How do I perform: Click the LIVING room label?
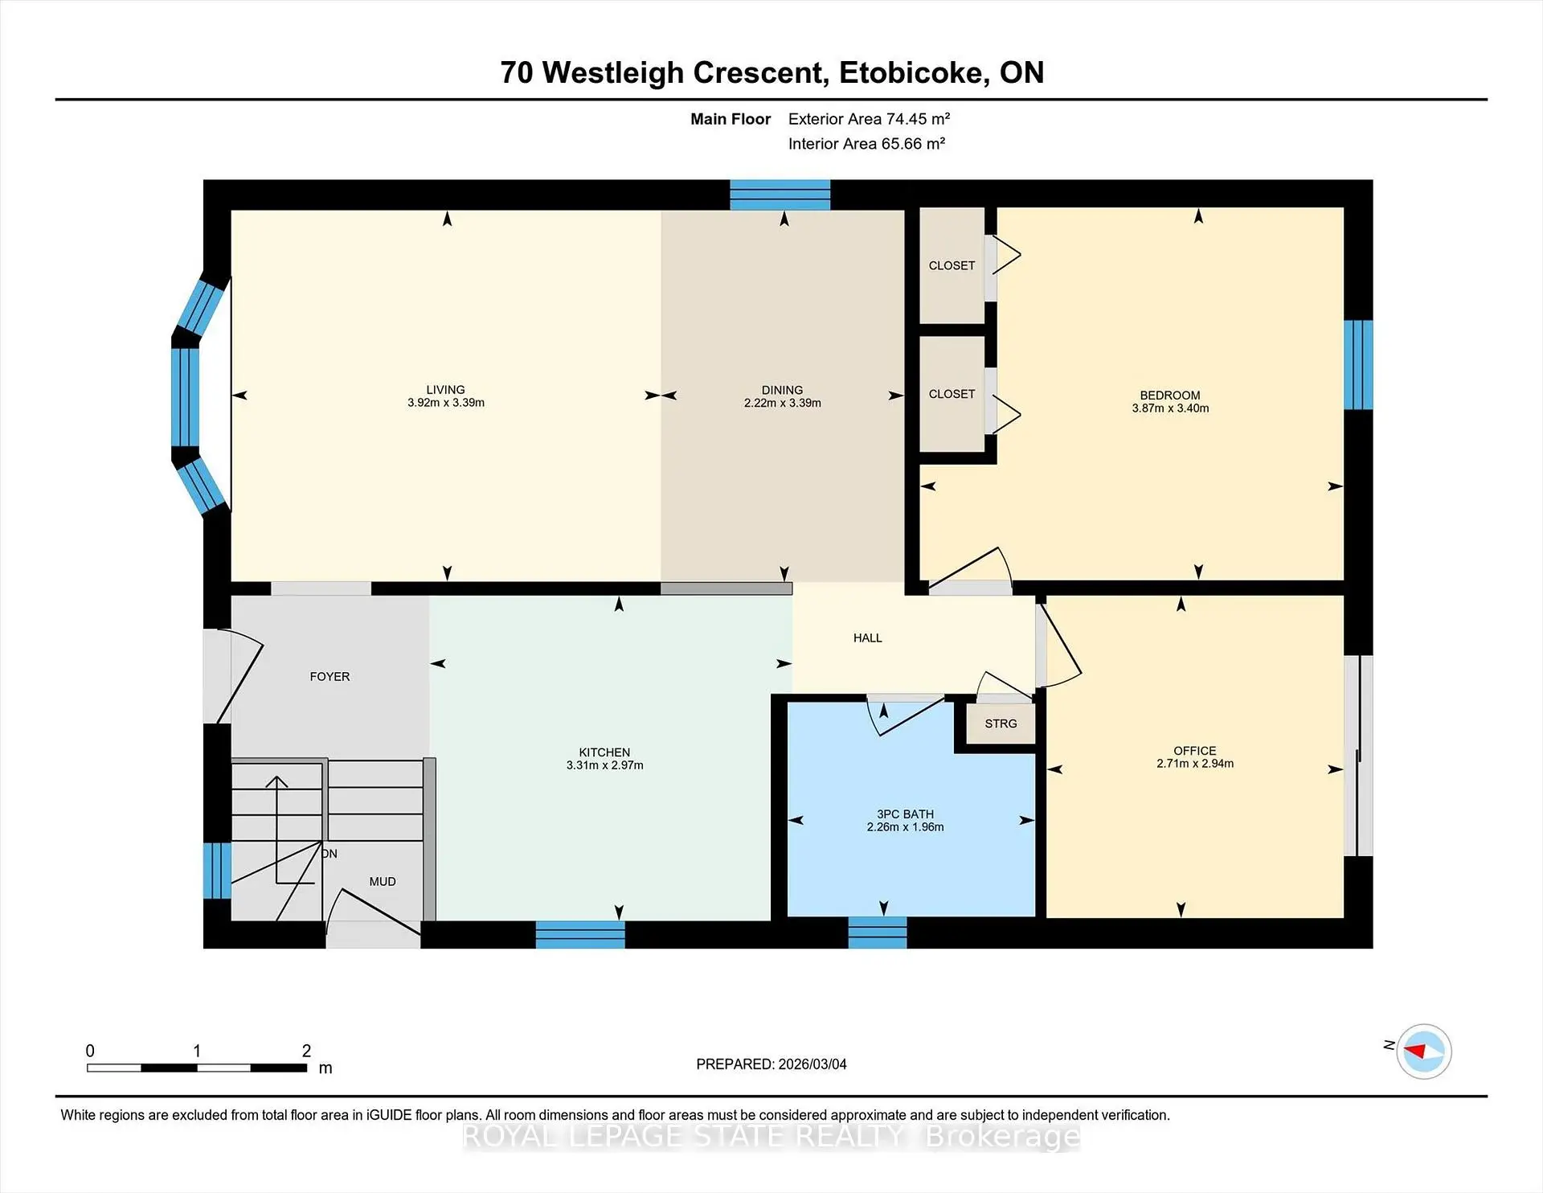tap(445, 389)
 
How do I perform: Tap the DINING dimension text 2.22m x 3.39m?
tap(782, 403)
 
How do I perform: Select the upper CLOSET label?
tap(952, 265)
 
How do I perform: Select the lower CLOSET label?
tap(952, 394)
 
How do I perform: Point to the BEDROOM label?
tap(1169, 395)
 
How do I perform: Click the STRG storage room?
tap(1001, 724)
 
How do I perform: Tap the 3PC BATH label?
tap(905, 814)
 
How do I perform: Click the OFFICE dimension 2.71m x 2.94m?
tap(1194, 764)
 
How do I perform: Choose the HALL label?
tap(867, 637)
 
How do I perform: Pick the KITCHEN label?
tap(604, 752)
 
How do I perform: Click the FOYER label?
tap(329, 677)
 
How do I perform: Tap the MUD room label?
tap(382, 882)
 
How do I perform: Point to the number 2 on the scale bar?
tap(306, 1051)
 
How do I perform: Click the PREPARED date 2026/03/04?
tap(812, 1064)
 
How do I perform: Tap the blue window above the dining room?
tap(780, 195)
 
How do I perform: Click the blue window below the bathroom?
tap(878, 933)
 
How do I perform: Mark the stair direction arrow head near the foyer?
tap(276, 781)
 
